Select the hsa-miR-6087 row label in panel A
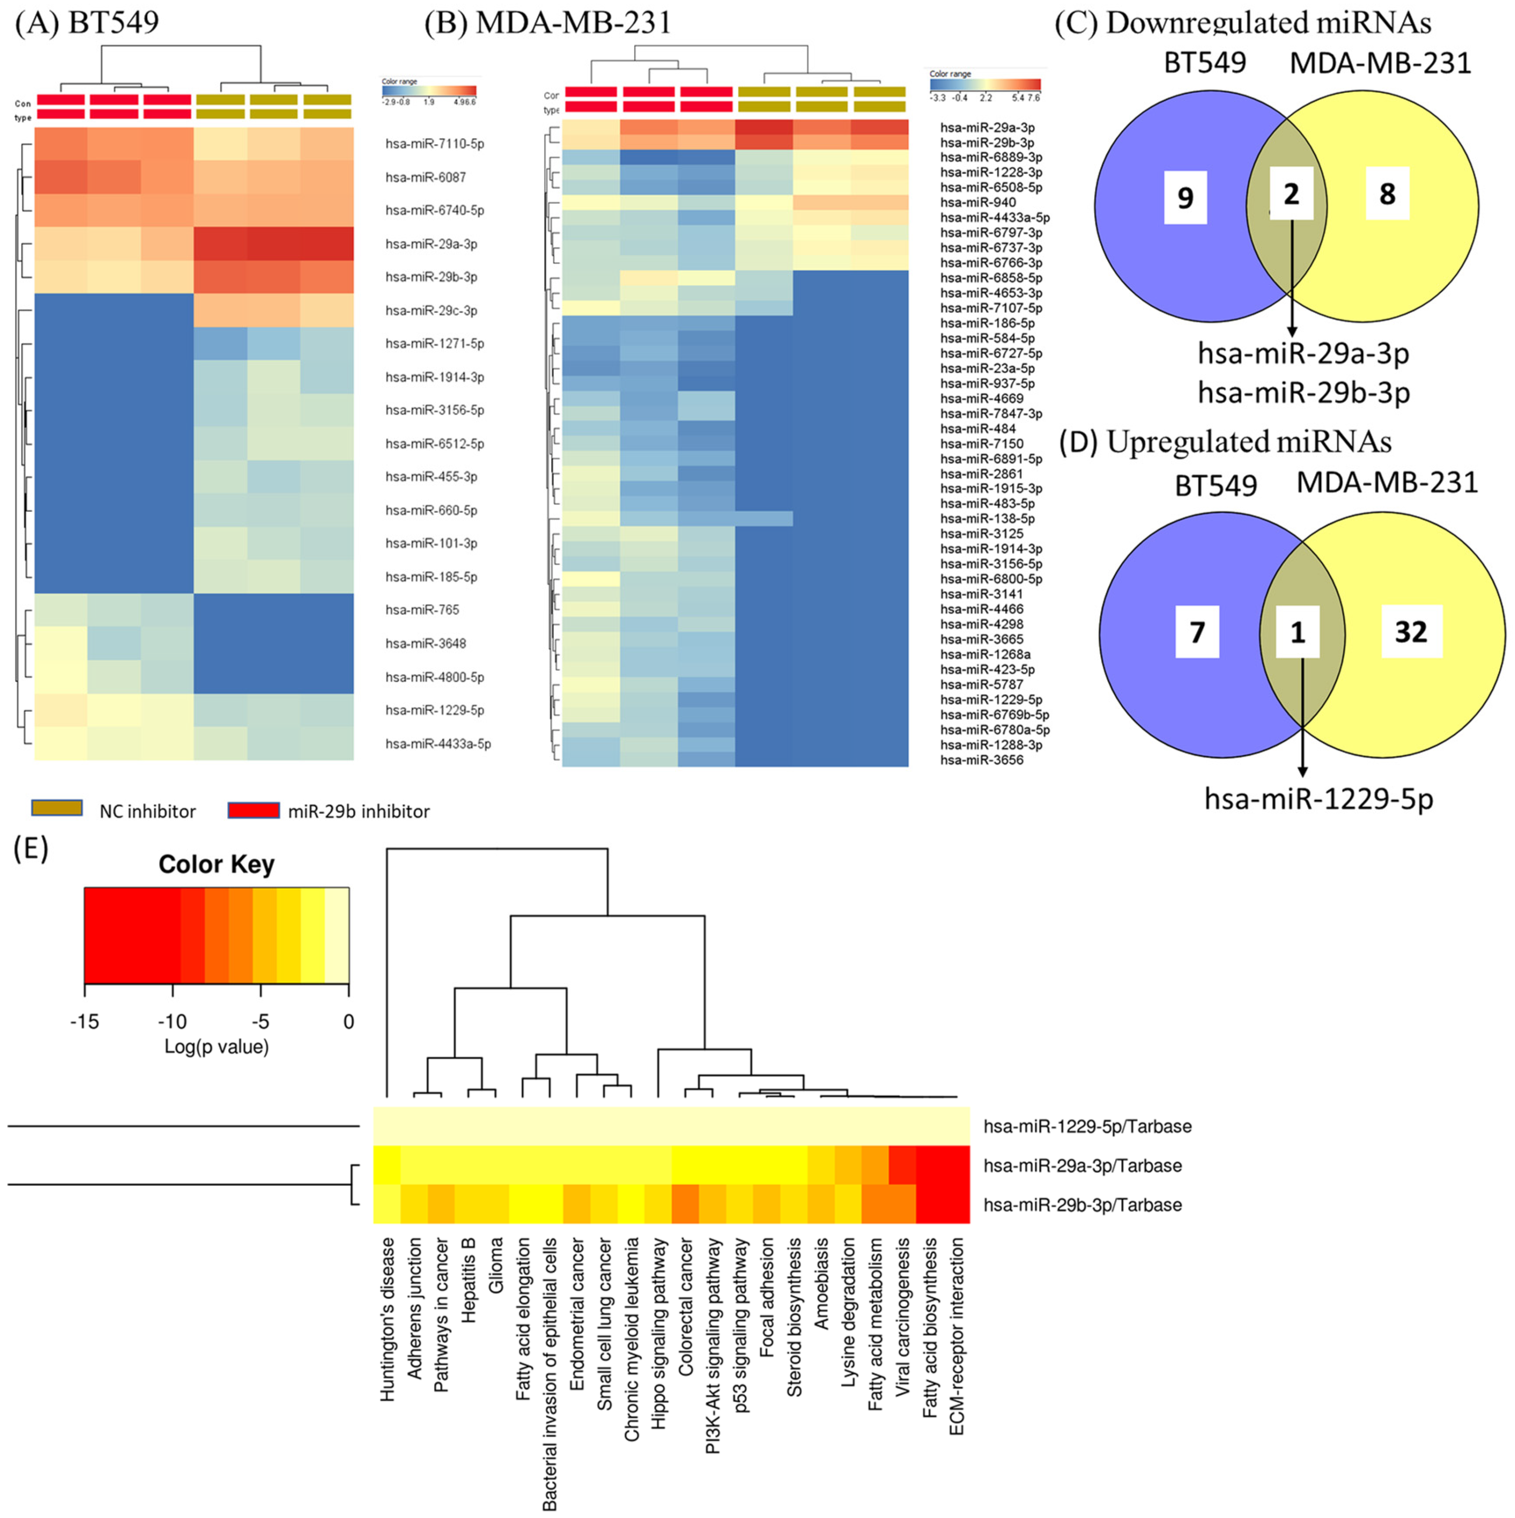(425, 178)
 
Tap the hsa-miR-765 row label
(422, 610)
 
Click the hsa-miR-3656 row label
(982, 760)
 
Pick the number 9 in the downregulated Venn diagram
(1185, 197)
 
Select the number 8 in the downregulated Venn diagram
(1387, 193)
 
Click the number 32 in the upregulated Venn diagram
(1411, 632)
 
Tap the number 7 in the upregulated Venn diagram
(1197, 632)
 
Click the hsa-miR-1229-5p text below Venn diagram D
(1319, 799)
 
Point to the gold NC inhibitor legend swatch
(57, 809)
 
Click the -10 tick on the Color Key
(172, 1022)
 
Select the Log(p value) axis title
(216, 1047)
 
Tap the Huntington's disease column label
(387, 1320)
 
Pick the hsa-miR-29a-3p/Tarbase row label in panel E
(1082, 1166)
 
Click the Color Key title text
(216, 864)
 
